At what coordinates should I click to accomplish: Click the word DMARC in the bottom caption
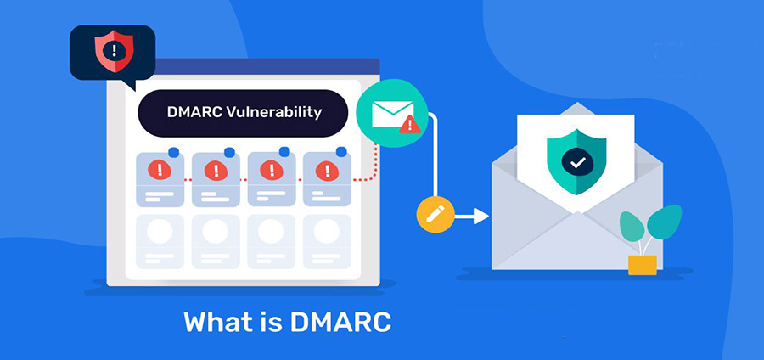[x=341, y=322]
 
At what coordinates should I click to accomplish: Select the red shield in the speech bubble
[x=114, y=51]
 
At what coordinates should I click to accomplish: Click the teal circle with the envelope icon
[x=392, y=113]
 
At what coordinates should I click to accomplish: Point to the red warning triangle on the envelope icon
[x=409, y=125]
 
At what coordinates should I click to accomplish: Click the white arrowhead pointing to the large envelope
[x=481, y=216]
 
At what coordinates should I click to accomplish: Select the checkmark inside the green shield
[x=578, y=163]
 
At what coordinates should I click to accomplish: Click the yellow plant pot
[x=643, y=265]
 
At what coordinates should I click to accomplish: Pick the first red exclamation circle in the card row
[x=160, y=170]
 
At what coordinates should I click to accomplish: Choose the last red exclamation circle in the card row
[x=327, y=171]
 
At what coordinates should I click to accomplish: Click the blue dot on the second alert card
[x=229, y=153]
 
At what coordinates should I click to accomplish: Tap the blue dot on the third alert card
[x=284, y=151]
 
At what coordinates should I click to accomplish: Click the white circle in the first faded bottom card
[x=160, y=231]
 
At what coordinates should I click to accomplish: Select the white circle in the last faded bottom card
[x=327, y=231]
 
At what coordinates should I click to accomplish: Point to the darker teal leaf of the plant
[x=664, y=221]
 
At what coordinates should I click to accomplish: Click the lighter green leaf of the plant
[x=632, y=226]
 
